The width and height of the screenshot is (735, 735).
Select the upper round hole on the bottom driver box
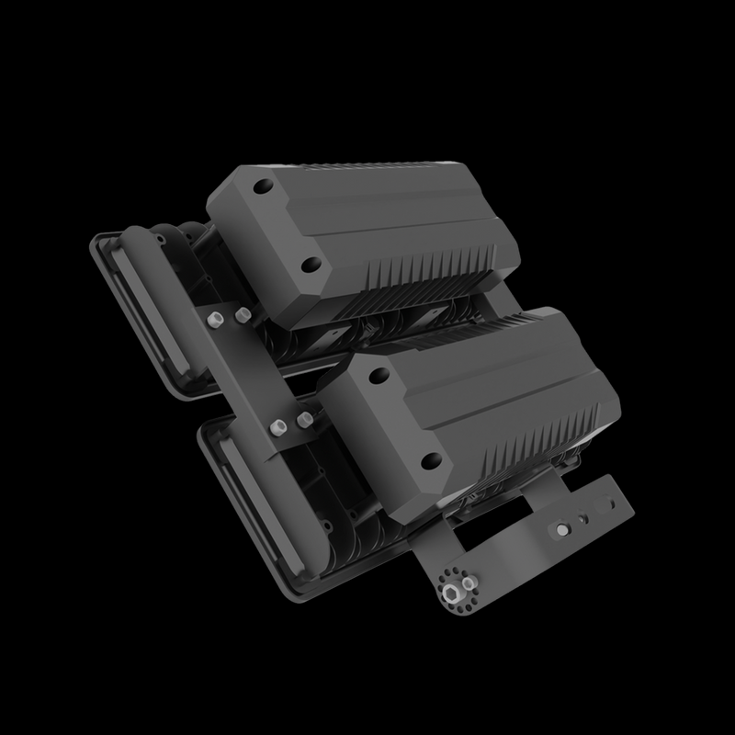coord(377,373)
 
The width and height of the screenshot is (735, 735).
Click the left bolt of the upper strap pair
coord(214,321)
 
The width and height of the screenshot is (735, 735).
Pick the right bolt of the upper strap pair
coord(242,315)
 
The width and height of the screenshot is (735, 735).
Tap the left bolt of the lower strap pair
coord(276,427)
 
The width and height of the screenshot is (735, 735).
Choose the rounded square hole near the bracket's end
coord(604,504)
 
